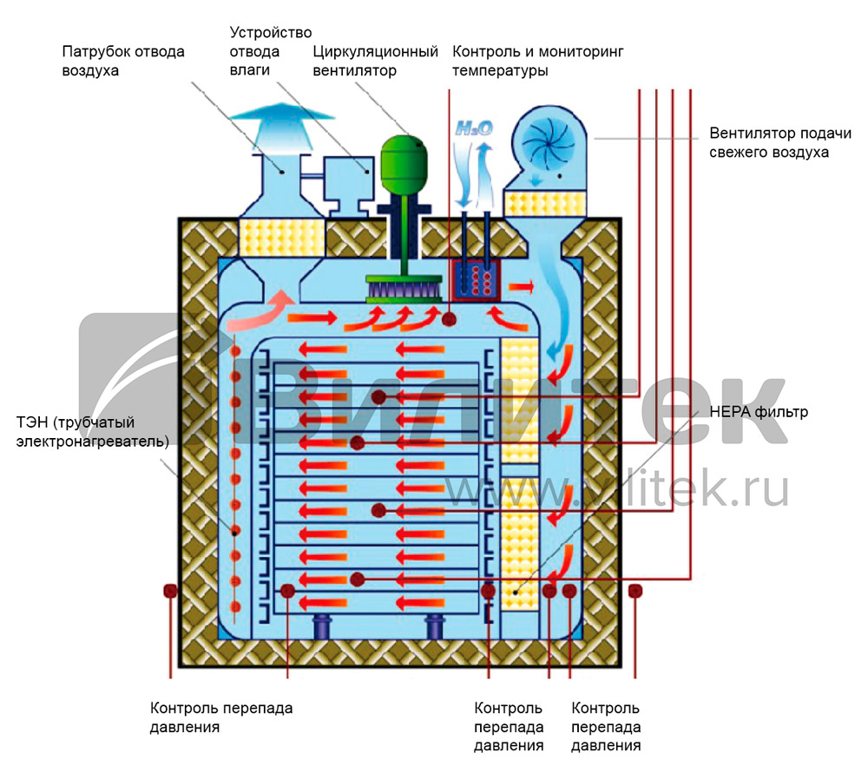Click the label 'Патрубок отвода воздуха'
pyautogui.click(x=123, y=61)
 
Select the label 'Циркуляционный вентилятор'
pyautogui.click(x=375, y=61)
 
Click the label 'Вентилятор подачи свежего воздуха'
pyautogui.click(x=768, y=143)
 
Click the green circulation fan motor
pyautogui.click(x=401, y=156)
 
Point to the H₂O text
pyautogui.click(x=475, y=128)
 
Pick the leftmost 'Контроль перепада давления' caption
pyautogui.click(x=221, y=717)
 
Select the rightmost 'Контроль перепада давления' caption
pyautogui.click(x=607, y=727)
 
